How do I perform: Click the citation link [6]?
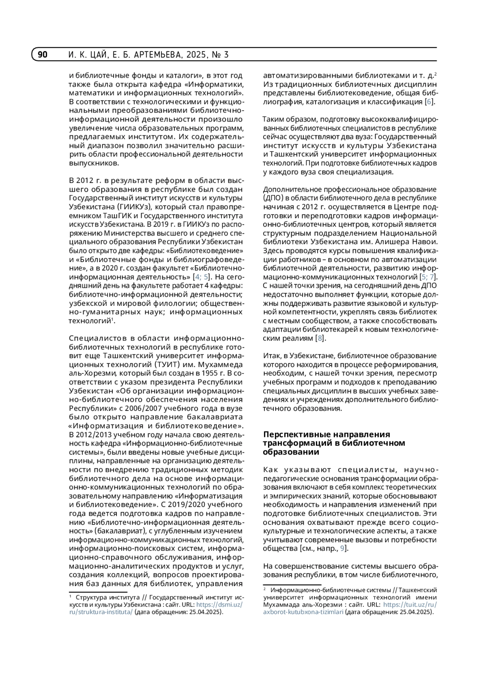429,102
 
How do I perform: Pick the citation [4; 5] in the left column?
202,277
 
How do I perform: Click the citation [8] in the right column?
320,338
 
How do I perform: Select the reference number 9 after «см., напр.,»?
342,549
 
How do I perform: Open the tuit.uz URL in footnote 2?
410,605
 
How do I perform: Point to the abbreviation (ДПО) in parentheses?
274,198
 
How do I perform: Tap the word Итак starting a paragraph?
272,356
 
